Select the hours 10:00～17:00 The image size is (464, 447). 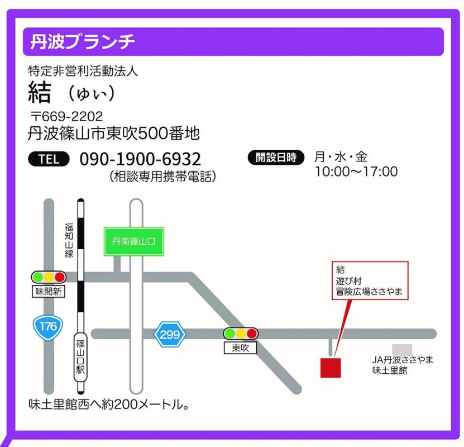click(x=356, y=171)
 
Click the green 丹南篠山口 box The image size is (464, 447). click(x=133, y=241)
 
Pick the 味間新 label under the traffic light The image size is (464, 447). click(x=49, y=291)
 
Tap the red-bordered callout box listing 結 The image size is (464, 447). click(x=370, y=281)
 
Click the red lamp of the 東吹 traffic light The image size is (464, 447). click(x=252, y=334)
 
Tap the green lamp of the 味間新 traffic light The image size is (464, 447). click(x=38, y=277)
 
